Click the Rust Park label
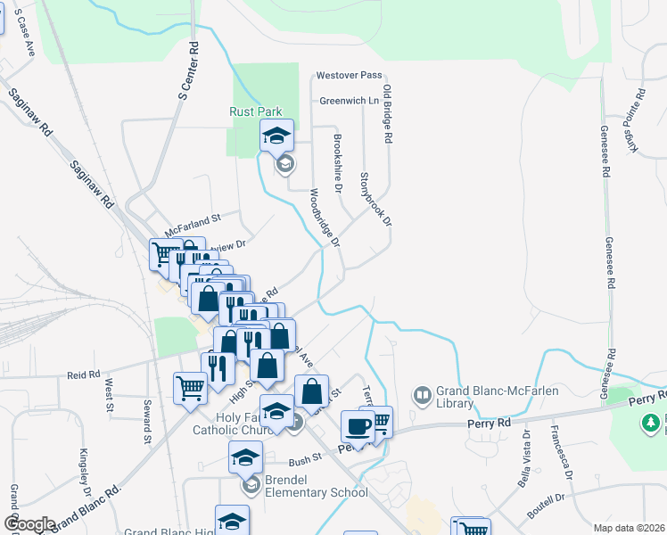tap(255, 111)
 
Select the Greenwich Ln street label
tap(350, 101)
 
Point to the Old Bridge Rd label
tap(388, 115)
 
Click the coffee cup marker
tap(358, 426)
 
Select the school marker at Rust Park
tap(277, 136)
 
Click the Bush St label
tap(304, 462)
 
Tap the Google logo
tap(29, 523)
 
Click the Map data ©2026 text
tap(628, 528)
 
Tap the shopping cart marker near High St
tap(190, 388)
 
